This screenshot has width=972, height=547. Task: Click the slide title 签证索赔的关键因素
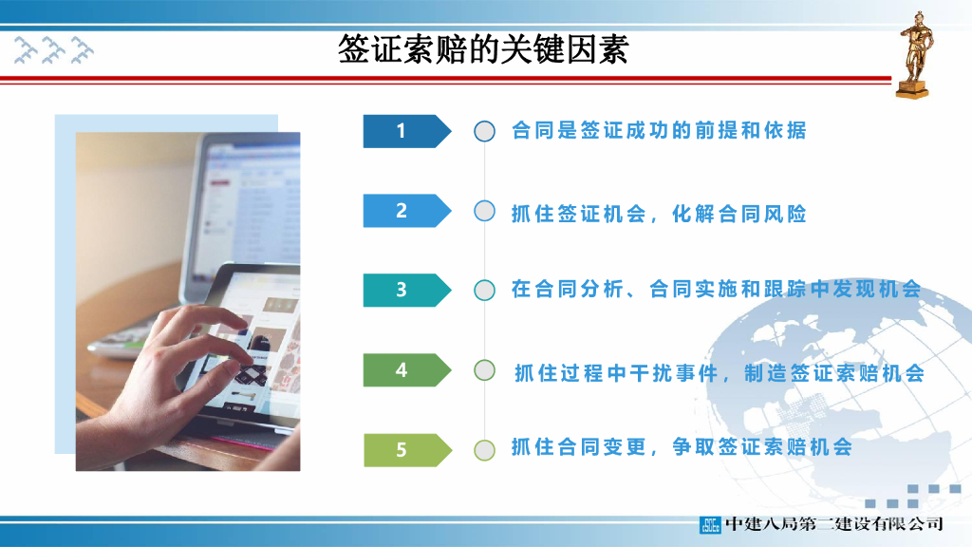point(483,49)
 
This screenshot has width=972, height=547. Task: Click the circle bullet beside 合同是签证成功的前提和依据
point(484,131)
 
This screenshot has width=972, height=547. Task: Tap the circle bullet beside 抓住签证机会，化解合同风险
point(484,211)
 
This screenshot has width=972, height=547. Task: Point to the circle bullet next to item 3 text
point(484,290)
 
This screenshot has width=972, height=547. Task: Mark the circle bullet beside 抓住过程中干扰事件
point(484,369)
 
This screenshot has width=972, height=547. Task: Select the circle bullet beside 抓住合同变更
point(484,449)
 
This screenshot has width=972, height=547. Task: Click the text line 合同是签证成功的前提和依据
point(658,131)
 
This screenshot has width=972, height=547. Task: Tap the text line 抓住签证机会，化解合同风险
point(658,214)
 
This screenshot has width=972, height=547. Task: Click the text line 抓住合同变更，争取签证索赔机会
point(682,447)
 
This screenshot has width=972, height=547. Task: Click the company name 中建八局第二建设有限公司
point(833,524)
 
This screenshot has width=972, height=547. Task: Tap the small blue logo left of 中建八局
point(710,524)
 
